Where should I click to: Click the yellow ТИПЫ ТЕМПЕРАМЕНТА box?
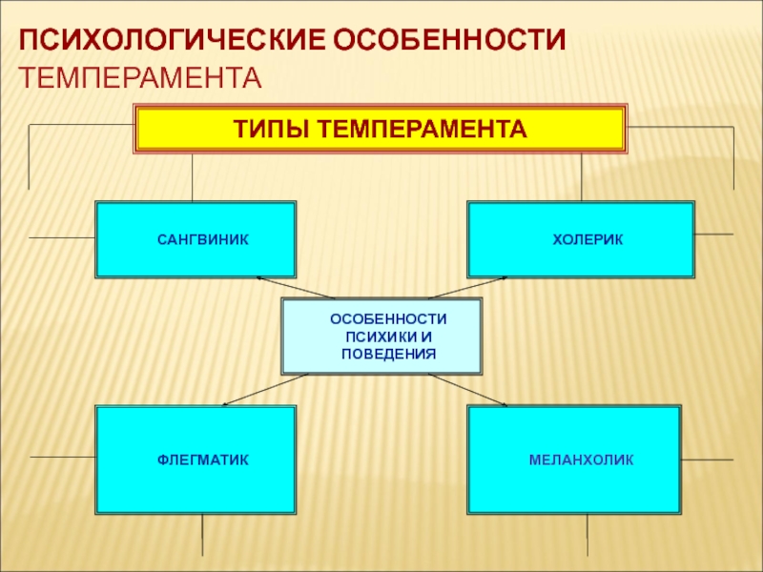click(x=381, y=129)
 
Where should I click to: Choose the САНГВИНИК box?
click(x=196, y=238)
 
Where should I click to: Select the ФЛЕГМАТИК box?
click(x=196, y=460)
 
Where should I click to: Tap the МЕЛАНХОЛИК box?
click(x=574, y=460)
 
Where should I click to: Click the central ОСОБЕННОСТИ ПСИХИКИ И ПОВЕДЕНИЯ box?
click(x=381, y=336)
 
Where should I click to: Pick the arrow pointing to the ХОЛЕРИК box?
click(x=466, y=287)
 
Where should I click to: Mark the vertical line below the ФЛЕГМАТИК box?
click(x=202, y=534)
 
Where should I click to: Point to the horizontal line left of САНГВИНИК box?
click(x=62, y=236)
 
